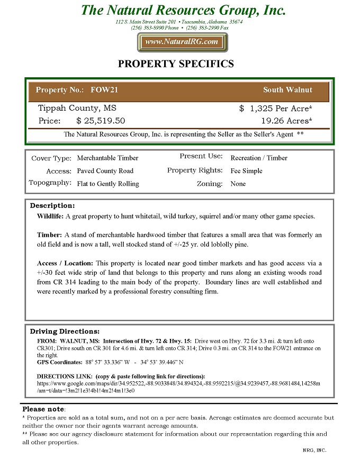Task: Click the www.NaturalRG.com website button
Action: pyautogui.click(x=182, y=42)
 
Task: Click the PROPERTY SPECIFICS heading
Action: pyautogui.click(x=175, y=64)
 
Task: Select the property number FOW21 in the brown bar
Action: pyautogui.click(x=104, y=90)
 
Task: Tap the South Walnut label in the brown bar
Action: pyautogui.click(x=287, y=90)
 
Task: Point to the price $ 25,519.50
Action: pyautogui.click(x=101, y=121)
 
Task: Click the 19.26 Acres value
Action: pyautogui.click(x=286, y=121)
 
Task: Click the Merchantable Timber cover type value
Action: pyautogui.click(x=107, y=158)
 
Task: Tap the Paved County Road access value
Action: pyautogui.click(x=105, y=171)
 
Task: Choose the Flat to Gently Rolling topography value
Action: pyautogui.click(x=108, y=184)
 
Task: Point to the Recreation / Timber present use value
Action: pyautogui.click(x=259, y=158)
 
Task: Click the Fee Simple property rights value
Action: pyautogui.click(x=246, y=171)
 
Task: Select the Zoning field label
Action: pyautogui.click(x=210, y=184)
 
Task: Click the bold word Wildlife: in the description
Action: pyautogui.click(x=50, y=216)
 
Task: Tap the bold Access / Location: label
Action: pyautogui.click(x=65, y=263)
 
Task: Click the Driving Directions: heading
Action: pyautogui.click(x=65, y=331)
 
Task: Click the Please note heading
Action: pyautogui.click(x=43, y=409)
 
